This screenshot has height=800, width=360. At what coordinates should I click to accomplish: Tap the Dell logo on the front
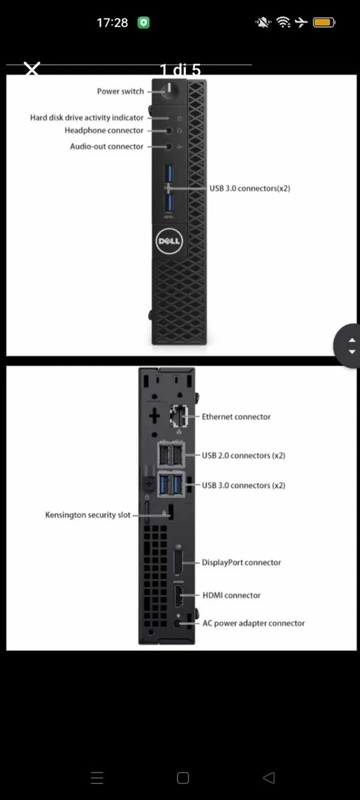[169, 241]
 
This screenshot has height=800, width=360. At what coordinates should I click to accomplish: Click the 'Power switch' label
[121, 91]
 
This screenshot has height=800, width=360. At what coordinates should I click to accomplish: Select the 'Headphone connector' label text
[104, 131]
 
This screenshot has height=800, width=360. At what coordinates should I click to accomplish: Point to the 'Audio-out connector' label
[107, 147]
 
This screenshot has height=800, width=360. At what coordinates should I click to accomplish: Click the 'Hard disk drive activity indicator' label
[87, 118]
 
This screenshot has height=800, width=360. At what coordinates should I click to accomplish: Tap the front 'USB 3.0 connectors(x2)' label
[249, 189]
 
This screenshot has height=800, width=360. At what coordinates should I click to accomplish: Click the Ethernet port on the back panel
[179, 416]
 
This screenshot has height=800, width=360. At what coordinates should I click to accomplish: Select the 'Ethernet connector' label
[236, 417]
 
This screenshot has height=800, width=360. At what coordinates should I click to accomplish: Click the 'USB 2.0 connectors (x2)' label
[243, 456]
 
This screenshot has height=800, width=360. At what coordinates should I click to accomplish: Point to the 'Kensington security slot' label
[88, 515]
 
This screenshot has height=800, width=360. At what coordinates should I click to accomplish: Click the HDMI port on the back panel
[179, 596]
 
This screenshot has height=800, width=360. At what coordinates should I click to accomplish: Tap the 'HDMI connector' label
[231, 595]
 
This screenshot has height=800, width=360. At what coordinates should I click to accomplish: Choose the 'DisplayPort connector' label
[241, 563]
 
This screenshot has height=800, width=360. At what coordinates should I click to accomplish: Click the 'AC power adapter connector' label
[253, 623]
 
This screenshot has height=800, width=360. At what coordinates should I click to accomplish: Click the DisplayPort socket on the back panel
[178, 563]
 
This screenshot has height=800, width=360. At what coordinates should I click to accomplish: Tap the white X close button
[32, 69]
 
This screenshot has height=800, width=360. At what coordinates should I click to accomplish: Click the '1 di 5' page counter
[180, 69]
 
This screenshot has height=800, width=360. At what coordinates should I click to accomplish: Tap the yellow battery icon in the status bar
[324, 23]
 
